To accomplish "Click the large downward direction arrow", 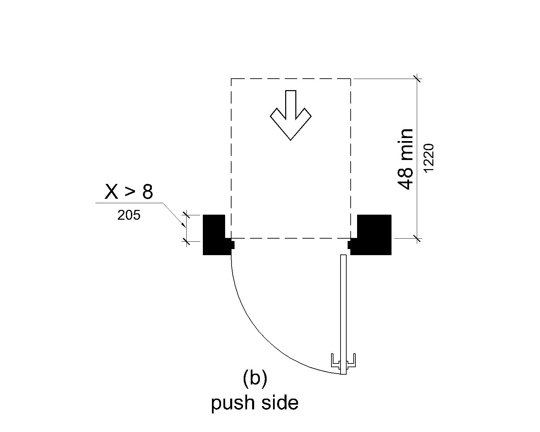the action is (291, 115).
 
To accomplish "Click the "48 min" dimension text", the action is (405, 159).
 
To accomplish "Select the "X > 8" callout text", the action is (129, 192).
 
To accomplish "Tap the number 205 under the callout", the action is (129, 215).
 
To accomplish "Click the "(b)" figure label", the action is (255, 379).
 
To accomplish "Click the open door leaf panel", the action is (343, 315).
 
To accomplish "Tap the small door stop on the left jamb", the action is (233, 245).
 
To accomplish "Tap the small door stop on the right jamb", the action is (349, 245).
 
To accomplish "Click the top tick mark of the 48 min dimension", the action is (417, 79).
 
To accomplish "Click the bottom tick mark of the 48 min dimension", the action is (417, 238).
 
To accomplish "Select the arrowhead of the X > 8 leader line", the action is (184, 225).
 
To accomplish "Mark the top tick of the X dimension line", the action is (186, 215).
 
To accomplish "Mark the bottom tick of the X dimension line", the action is (186, 241).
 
